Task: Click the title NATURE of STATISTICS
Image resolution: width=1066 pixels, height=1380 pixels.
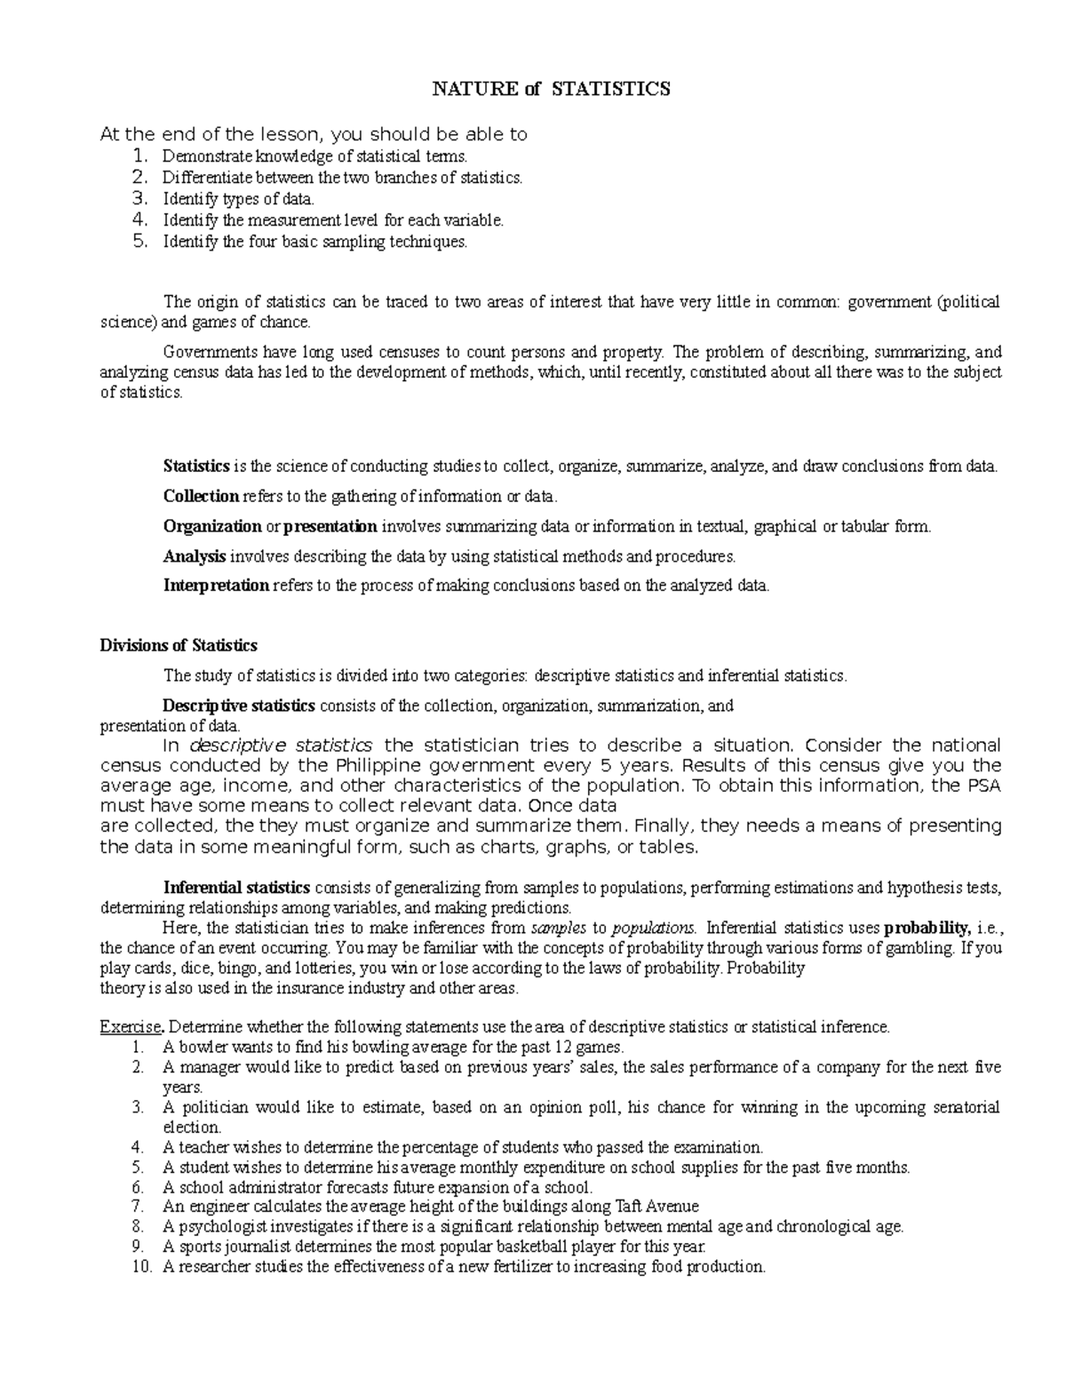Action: (550, 89)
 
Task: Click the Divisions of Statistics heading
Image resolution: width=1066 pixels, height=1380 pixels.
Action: (179, 645)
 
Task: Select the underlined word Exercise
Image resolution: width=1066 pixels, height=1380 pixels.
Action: (130, 1027)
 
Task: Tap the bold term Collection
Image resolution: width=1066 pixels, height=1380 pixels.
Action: (201, 496)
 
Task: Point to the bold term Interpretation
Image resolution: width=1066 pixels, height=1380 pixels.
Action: (216, 585)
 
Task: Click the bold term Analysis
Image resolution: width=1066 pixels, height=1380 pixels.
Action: (195, 556)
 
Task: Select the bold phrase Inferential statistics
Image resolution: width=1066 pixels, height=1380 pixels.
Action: (236, 888)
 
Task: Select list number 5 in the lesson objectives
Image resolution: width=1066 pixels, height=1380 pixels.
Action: (138, 241)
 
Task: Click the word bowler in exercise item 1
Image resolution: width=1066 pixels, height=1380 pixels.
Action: (197, 1047)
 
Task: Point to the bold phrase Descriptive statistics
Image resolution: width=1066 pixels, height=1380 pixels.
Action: (239, 706)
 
